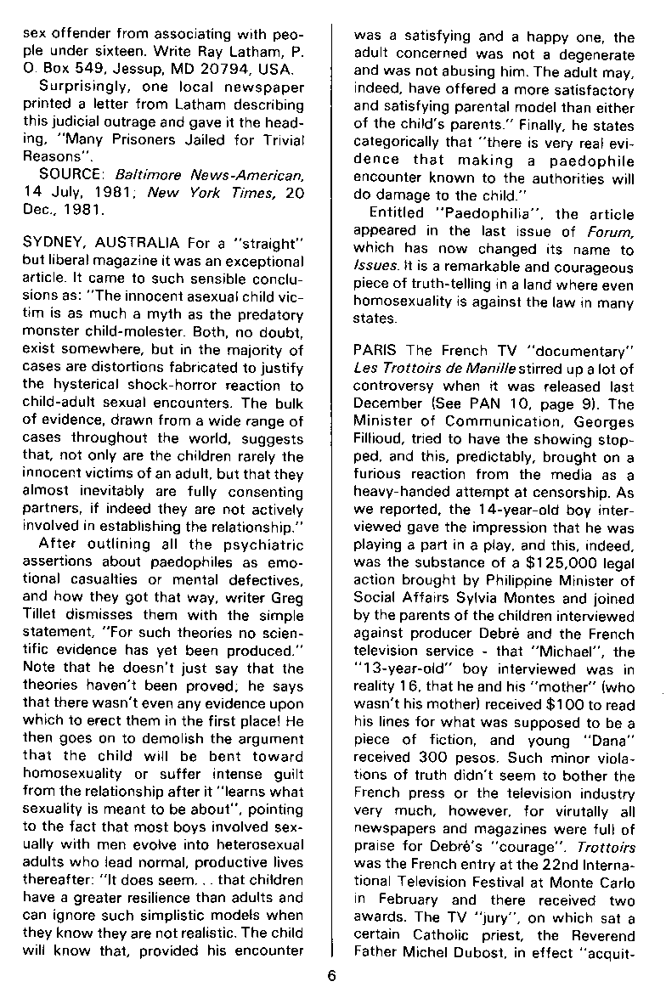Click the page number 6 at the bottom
(x=332, y=975)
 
